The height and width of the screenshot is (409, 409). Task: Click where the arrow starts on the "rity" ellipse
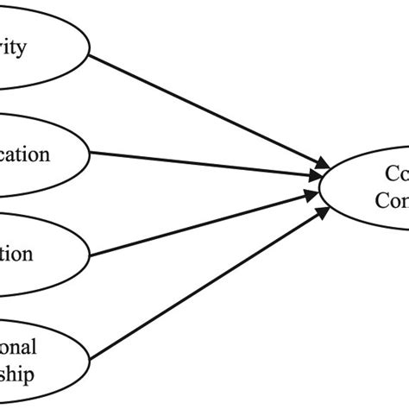point(91,57)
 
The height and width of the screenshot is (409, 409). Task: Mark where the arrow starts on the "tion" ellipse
point(91,255)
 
